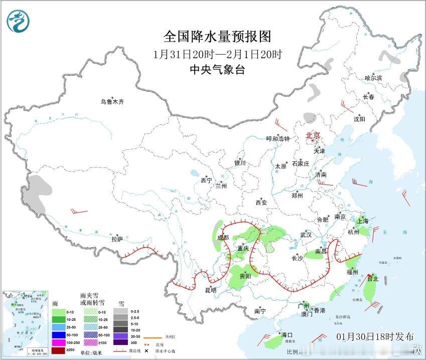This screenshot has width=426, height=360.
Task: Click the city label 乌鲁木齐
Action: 111,102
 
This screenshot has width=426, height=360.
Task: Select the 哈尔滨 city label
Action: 373,78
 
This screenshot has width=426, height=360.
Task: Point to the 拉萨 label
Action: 117,240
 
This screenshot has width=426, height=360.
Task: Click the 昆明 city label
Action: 210,290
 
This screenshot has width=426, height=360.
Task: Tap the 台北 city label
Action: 373,278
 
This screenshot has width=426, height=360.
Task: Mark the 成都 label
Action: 223,238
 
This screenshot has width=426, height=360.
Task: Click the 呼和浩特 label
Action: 278,139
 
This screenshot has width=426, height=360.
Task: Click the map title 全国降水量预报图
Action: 217,37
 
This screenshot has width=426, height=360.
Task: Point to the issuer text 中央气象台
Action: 217,70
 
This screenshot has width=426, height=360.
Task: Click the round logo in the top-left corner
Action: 18,21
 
